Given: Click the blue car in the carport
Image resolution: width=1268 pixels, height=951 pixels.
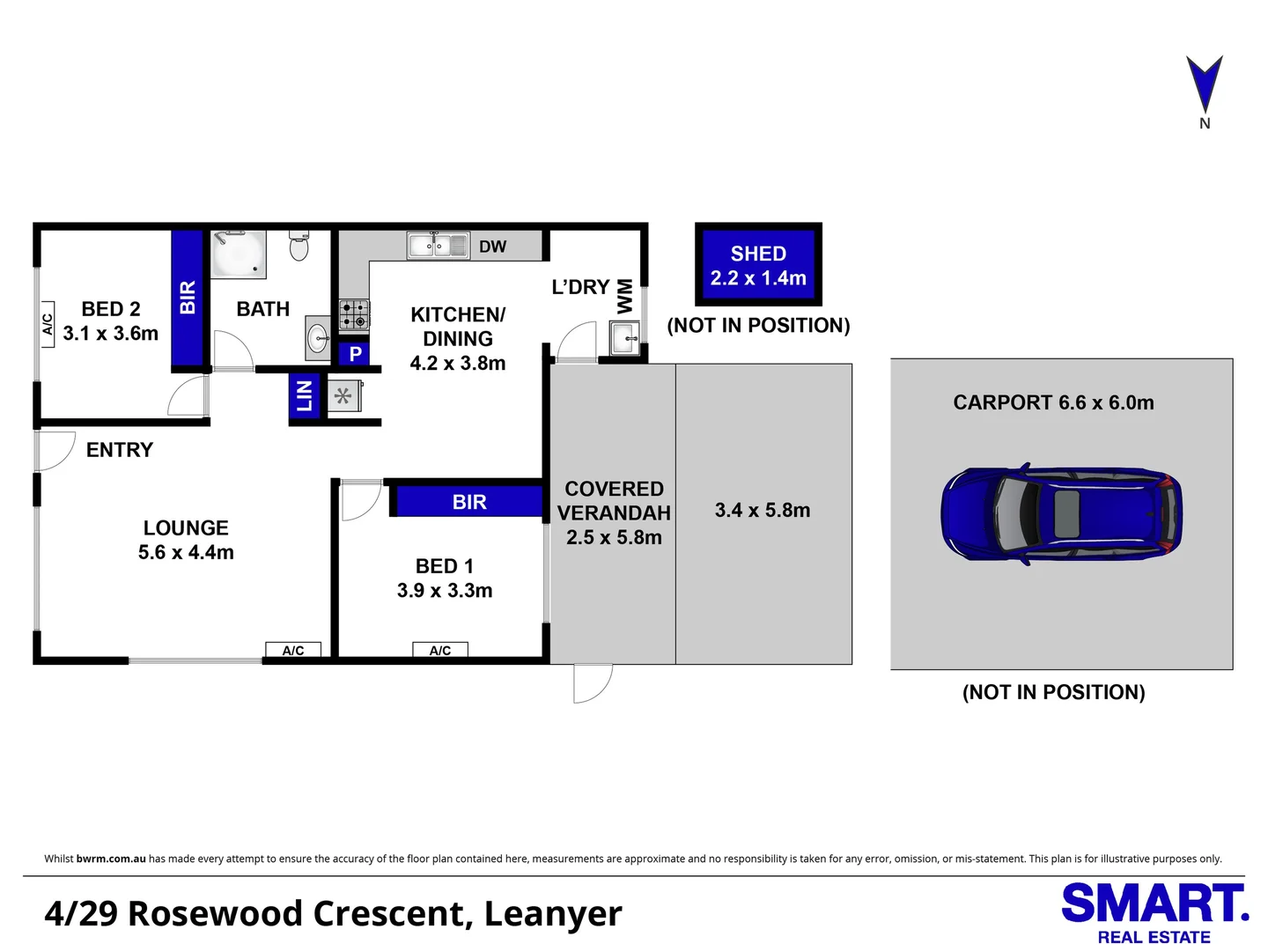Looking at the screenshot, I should click(x=1061, y=514).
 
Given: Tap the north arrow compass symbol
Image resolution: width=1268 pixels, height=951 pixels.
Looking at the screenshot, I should click(x=1204, y=85).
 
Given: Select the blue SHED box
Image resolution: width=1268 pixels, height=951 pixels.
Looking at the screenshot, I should click(x=758, y=265).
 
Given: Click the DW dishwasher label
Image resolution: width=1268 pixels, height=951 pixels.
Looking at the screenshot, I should click(x=492, y=247).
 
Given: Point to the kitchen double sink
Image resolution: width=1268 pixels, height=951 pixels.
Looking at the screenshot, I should click(x=438, y=246).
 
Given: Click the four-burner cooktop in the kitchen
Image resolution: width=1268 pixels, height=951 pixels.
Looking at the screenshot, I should click(x=354, y=314).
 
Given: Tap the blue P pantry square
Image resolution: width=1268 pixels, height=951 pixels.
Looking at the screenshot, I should click(x=355, y=354).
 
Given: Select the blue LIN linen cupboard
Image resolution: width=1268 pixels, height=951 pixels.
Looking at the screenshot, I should click(x=305, y=395).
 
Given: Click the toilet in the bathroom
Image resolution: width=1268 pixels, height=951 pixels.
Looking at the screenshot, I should click(x=299, y=246).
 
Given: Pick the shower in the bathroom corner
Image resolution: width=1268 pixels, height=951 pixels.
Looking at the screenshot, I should click(x=239, y=254).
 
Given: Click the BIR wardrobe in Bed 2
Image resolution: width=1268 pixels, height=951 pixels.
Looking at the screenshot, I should click(x=188, y=298).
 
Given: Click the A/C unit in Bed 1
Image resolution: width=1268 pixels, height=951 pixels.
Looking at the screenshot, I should click(x=440, y=650).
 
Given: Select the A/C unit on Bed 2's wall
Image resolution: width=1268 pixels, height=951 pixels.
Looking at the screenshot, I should click(x=47, y=324).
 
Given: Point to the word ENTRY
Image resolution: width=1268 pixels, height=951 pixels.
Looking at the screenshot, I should click(x=120, y=450).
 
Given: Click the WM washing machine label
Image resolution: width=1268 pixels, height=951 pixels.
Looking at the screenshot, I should click(x=625, y=296).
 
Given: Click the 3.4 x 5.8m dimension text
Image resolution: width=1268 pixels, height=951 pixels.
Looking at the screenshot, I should click(x=763, y=511).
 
